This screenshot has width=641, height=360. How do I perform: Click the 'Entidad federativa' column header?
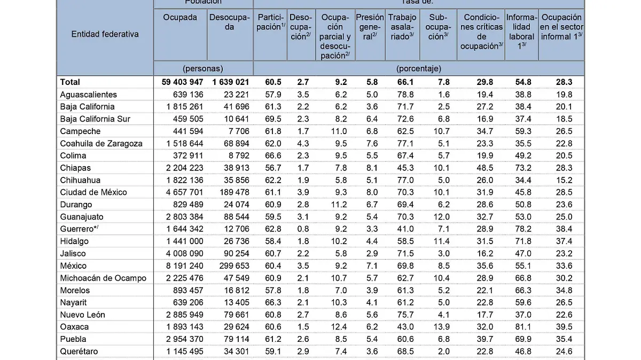pos(105,34)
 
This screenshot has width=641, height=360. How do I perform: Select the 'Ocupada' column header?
pos(180,17)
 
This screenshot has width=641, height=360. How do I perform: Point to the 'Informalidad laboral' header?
pos(521,32)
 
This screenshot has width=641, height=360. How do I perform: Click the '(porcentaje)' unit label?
pos(418,68)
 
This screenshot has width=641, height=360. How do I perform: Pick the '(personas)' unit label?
pos(202,68)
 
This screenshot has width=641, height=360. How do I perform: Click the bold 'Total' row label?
pos(70,82)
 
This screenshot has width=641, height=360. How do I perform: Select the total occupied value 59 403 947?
pos(182,82)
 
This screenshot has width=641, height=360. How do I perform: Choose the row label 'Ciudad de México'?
pos(93,192)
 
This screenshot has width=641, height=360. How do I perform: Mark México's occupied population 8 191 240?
pos(182,265)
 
